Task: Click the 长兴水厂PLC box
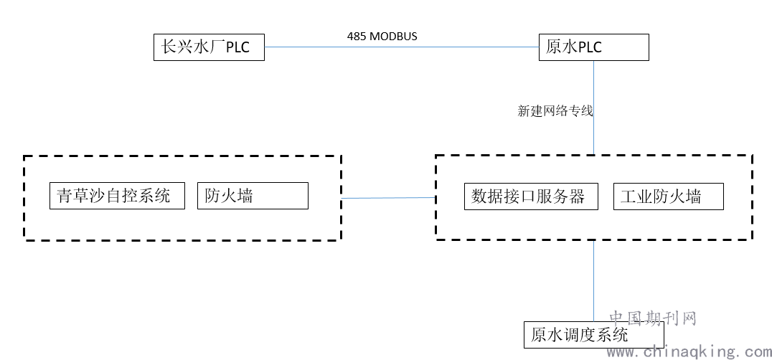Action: click(209, 47)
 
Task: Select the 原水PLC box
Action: click(593, 47)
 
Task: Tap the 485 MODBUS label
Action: click(382, 36)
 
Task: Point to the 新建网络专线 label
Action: click(555, 111)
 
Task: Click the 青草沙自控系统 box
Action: click(117, 196)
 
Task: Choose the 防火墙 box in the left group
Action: click(253, 196)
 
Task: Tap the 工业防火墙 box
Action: click(668, 196)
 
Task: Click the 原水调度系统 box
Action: click(593, 335)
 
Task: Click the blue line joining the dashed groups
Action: click(388, 197)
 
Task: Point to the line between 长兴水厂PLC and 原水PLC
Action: click(402, 47)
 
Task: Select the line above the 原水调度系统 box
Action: click(593, 280)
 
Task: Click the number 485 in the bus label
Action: click(357, 36)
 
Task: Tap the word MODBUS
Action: click(393, 36)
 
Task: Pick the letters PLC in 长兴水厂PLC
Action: click(237, 47)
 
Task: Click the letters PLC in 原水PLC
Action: click(588, 47)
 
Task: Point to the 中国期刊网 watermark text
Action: click(653, 318)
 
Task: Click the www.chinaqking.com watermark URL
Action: click(688, 351)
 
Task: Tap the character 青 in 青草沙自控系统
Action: click(65, 196)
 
